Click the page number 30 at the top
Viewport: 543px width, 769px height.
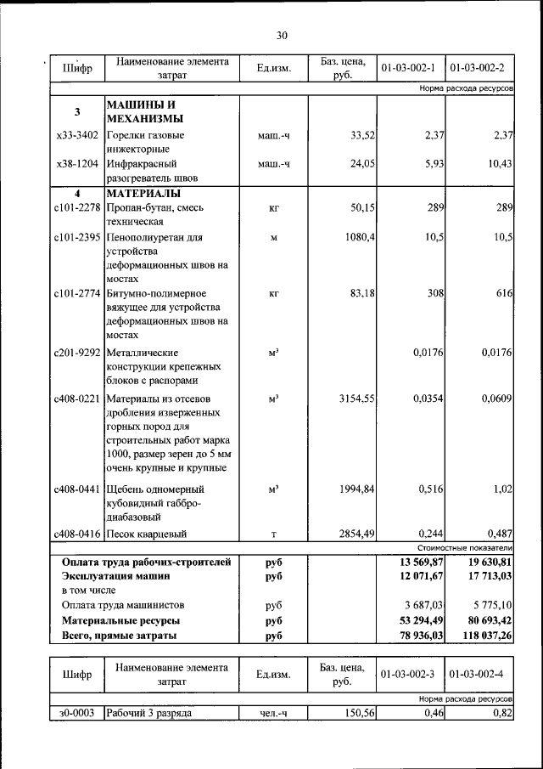[x=282, y=35]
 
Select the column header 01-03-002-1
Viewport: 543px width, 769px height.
[x=411, y=67]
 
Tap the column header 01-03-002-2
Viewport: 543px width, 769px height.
[x=479, y=67]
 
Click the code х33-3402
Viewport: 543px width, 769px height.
[x=76, y=135]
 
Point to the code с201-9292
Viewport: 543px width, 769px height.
[x=76, y=353]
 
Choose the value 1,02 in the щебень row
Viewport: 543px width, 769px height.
[x=501, y=489]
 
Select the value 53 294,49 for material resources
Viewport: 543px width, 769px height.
[x=416, y=620]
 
